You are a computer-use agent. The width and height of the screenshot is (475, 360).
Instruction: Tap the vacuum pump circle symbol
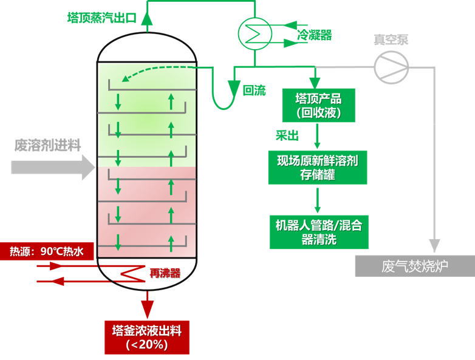[x=391, y=66]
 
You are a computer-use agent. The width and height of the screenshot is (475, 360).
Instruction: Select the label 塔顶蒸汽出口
[x=101, y=18]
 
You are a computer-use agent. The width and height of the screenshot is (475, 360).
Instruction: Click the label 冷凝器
[x=314, y=35]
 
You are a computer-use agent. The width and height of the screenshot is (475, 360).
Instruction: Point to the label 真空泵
[x=391, y=40]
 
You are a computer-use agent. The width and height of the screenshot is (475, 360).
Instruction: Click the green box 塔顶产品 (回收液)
[x=318, y=105]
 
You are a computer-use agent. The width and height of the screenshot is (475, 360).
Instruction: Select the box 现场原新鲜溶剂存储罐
[x=317, y=168]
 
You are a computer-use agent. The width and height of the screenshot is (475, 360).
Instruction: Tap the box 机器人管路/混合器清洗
[x=319, y=231]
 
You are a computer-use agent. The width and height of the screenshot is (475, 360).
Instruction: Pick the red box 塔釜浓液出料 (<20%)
[x=146, y=337]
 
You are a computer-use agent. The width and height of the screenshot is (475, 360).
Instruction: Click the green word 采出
[x=287, y=135]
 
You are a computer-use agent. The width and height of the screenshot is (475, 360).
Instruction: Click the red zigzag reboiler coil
[x=132, y=273]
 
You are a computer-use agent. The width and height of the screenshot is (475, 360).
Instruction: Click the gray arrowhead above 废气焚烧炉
[x=434, y=246]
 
